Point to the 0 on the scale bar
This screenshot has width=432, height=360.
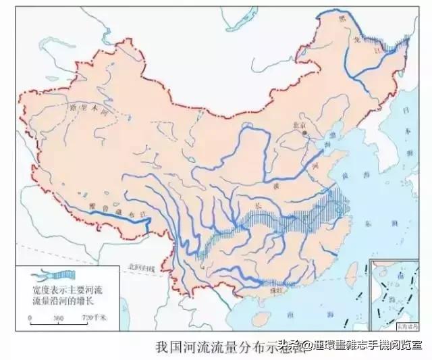[x=30, y=317]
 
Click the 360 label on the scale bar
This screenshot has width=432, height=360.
[x=58, y=317]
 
